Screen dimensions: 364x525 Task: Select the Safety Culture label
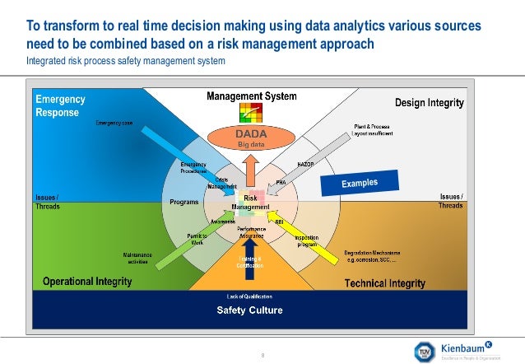tap(249, 310)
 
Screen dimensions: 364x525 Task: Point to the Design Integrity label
tap(429, 103)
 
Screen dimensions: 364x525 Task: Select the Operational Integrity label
tap(87, 282)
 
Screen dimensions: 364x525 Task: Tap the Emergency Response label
tap(59, 105)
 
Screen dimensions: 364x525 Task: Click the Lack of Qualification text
tap(249, 296)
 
